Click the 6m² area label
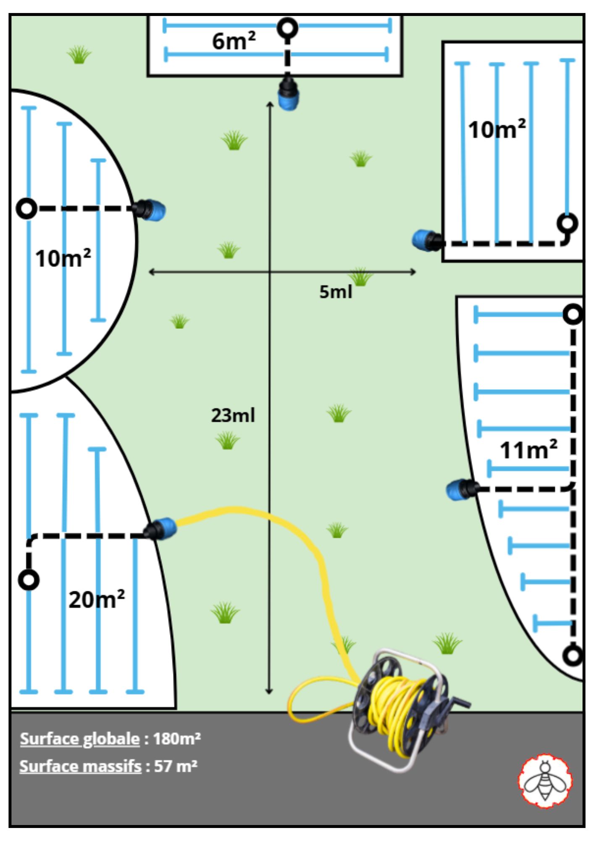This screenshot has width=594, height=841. [x=234, y=41]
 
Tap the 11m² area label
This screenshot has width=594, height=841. [x=528, y=450]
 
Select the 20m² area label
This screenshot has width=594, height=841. [x=97, y=599]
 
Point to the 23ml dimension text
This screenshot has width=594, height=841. [x=233, y=415]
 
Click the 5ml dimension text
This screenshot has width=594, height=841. [x=335, y=292]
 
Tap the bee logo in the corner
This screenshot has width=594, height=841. [x=545, y=781]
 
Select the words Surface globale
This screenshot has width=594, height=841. [x=80, y=739]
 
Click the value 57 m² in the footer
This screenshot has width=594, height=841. [x=176, y=766]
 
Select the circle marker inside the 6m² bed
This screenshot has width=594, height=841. [x=288, y=28]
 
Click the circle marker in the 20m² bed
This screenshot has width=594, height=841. [x=29, y=580]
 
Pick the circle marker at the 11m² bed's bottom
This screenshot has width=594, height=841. [x=573, y=655]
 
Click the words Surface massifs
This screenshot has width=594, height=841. [x=80, y=766]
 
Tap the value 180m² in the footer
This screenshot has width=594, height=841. [x=177, y=739]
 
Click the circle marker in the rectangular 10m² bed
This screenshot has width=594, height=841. [x=568, y=223]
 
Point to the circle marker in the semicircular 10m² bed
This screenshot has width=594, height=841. [x=26, y=208]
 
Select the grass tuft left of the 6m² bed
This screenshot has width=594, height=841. [x=79, y=55]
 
